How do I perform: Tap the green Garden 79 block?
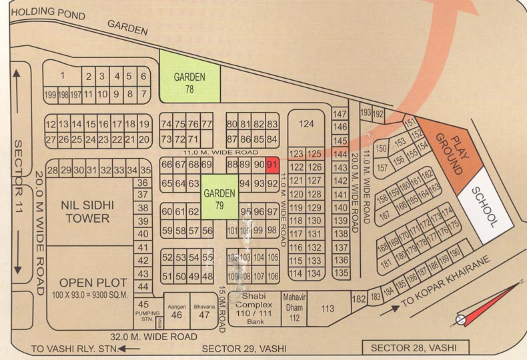pyautogui.click(x=219, y=197)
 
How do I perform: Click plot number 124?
pyautogui.click(x=306, y=125)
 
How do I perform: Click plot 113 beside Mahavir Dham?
pyautogui.click(x=328, y=309)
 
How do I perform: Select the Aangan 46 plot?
pyautogui.click(x=176, y=310)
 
